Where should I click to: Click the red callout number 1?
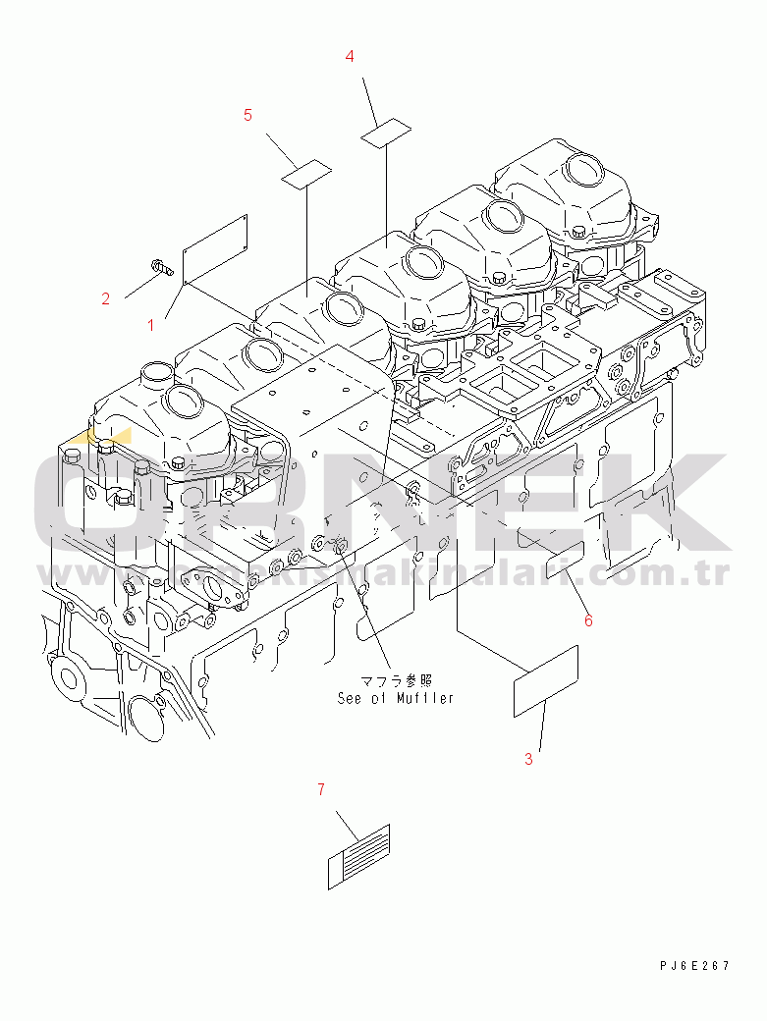pos(151,323)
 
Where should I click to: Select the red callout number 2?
pos(106,298)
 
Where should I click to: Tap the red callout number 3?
pos(528,758)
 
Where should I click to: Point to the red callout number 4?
pos(350,57)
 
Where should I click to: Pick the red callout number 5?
pos(247,115)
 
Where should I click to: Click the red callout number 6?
pos(588,619)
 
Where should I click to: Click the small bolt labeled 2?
pos(162,265)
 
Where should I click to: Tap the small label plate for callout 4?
pos(385,133)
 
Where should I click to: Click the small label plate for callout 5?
pos(305,174)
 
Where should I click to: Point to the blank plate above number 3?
pos(546,681)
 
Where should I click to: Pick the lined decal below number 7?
pos(358,856)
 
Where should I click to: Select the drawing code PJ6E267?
pos(694,967)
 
